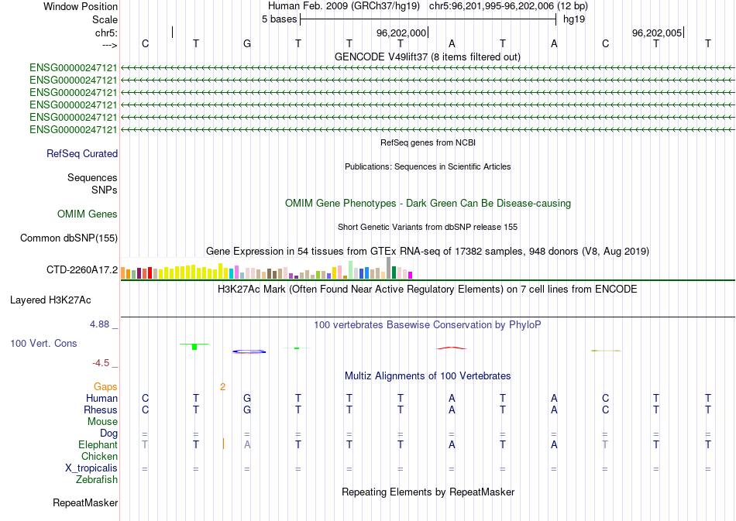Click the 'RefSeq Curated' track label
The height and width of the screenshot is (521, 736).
(x=82, y=154)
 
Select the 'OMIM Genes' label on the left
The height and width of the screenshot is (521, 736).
(x=88, y=214)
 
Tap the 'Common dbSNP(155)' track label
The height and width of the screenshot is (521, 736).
(x=69, y=238)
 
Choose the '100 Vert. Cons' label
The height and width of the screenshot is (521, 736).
(x=43, y=343)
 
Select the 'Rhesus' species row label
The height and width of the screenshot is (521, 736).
(x=101, y=410)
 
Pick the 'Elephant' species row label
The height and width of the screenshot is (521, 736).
(x=98, y=445)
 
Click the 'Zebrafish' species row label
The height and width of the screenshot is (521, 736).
(x=97, y=480)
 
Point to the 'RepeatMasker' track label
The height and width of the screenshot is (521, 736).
(x=85, y=503)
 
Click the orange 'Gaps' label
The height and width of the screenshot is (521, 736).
(x=105, y=386)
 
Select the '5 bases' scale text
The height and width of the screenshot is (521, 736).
(x=279, y=19)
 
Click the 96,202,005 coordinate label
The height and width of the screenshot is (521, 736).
(x=657, y=33)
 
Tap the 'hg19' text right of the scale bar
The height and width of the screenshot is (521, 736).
(x=574, y=19)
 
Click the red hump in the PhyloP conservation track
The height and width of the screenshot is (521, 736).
(x=452, y=348)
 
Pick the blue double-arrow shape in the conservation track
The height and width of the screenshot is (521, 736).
(x=249, y=351)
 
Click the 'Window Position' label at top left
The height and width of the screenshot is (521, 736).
(x=81, y=6)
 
